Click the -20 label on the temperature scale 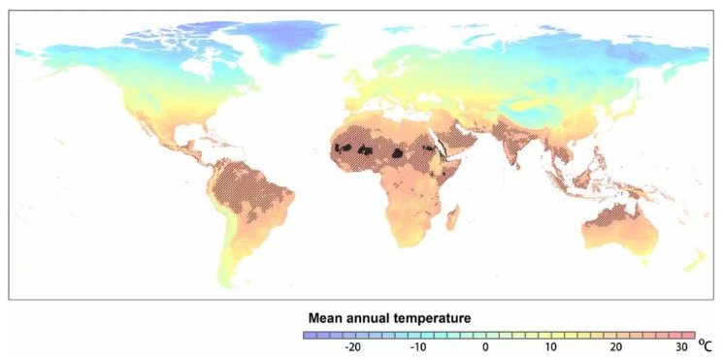353,347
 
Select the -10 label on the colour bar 418,347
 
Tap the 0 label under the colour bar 485,347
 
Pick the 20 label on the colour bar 615,347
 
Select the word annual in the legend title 371,317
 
